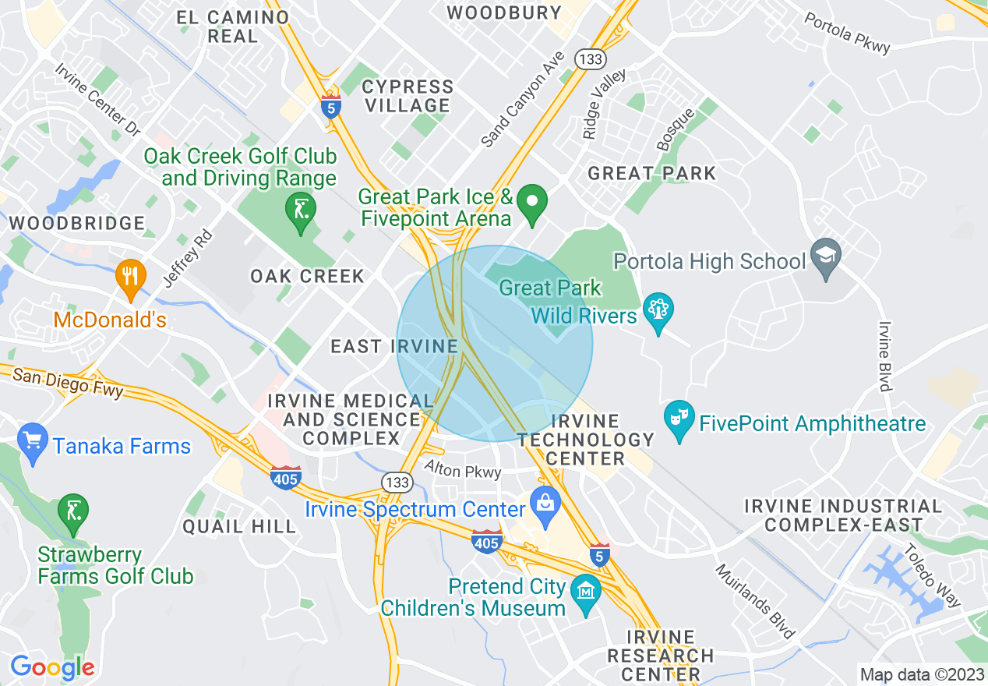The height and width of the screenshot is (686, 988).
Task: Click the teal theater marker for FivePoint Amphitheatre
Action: (x=679, y=422)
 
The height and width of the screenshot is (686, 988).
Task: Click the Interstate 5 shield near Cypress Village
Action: (x=331, y=108)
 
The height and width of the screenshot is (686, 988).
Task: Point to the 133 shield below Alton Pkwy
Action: (x=398, y=483)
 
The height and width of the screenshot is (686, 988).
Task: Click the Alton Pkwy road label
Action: (x=463, y=469)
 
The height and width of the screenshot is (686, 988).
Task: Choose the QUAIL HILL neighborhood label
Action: (x=239, y=526)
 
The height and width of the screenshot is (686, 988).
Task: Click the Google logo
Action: (x=52, y=667)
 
